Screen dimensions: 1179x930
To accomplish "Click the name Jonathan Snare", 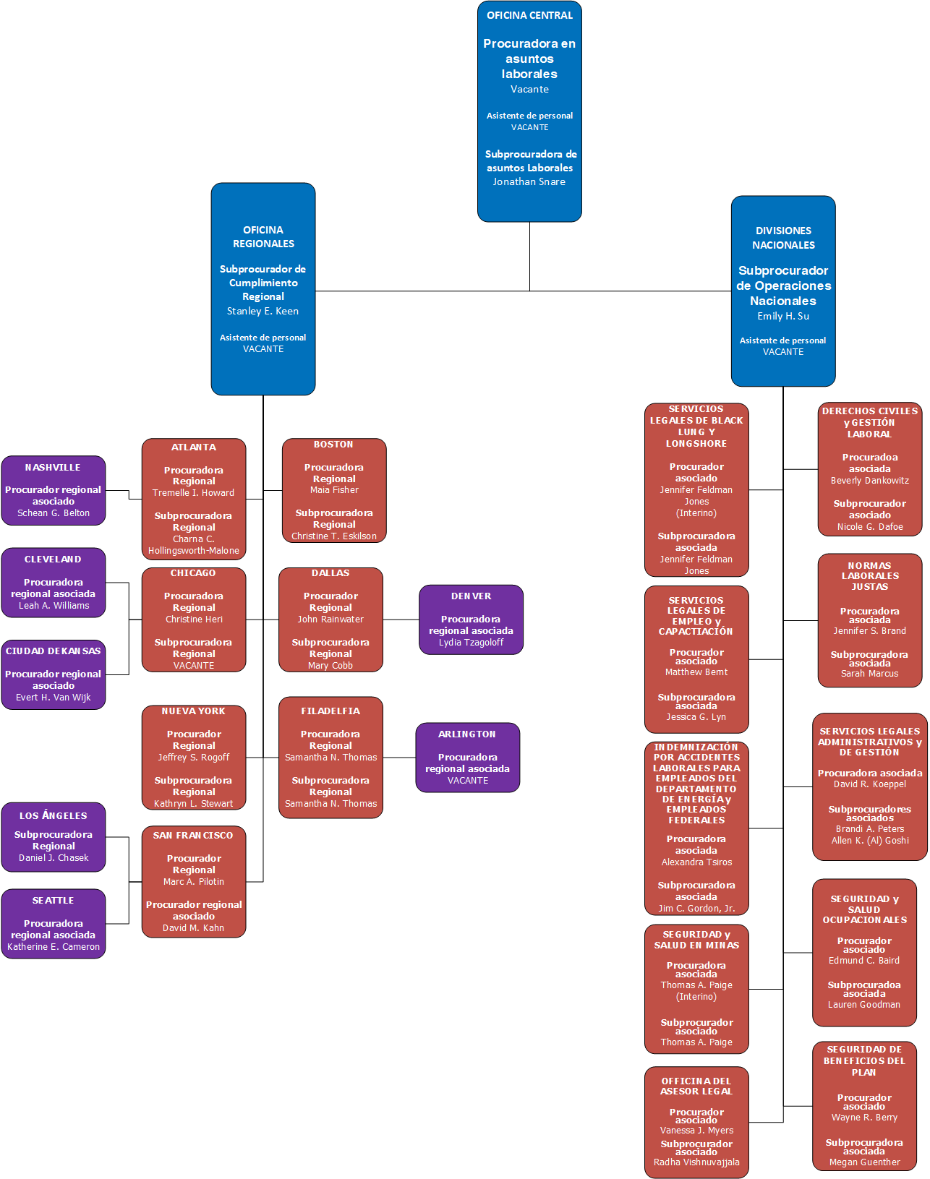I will click(529, 182).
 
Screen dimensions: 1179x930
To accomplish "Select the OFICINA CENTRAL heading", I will click(529, 15).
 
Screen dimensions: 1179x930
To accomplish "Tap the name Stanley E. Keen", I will click(263, 312).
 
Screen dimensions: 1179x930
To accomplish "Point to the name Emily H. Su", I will click(782, 317).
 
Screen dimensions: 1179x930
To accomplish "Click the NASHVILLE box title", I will click(53, 468).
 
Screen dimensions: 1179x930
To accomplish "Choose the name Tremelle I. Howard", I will click(193, 493).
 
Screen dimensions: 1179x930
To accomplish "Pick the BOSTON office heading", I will click(333, 445).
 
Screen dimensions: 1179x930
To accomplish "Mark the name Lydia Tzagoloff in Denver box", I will click(471, 643).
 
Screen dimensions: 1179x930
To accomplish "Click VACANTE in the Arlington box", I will click(468, 781).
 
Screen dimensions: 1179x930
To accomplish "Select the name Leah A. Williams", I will click(54, 606).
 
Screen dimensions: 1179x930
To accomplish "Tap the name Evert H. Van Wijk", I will click(53, 698).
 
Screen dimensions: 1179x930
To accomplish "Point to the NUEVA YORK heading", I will click(193, 711).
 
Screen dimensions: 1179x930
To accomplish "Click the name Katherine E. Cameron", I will click(54, 947).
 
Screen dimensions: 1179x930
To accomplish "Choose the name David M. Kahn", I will click(193, 928).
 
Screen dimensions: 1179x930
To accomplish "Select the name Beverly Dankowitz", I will click(869, 481).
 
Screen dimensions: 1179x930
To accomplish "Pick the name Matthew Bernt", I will click(696, 672).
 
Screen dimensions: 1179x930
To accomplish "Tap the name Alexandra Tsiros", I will click(696, 862).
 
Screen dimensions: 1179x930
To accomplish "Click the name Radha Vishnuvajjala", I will click(696, 1162).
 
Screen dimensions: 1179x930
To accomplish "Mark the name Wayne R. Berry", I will click(864, 1118).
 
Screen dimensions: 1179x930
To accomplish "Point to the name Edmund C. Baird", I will click(864, 961).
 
